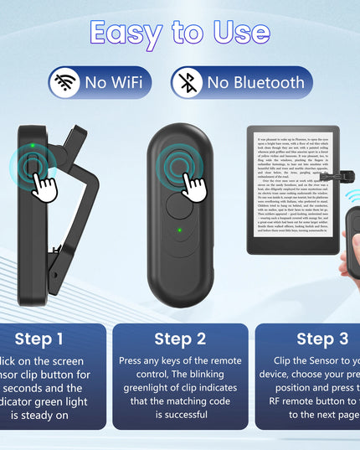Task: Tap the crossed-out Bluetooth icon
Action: coord(187,82)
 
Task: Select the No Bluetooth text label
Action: coord(255,82)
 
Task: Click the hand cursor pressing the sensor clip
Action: coord(43,182)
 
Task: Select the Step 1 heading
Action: coord(39,339)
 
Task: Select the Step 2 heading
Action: coord(180,339)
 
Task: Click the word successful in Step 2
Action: coord(180,414)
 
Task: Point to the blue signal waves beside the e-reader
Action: coord(352,196)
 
